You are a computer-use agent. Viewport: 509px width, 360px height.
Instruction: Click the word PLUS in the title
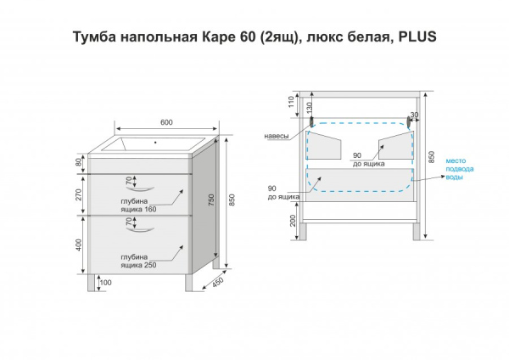coord(417,37)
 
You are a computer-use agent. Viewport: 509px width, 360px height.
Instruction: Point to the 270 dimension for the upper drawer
coord(78,194)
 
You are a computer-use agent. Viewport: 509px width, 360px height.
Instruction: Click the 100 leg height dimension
coord(105,283)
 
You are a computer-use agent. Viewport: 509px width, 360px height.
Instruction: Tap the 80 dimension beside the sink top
coord(79,164)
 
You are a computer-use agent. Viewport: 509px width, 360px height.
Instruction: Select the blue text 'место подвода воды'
coord(460,169)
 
